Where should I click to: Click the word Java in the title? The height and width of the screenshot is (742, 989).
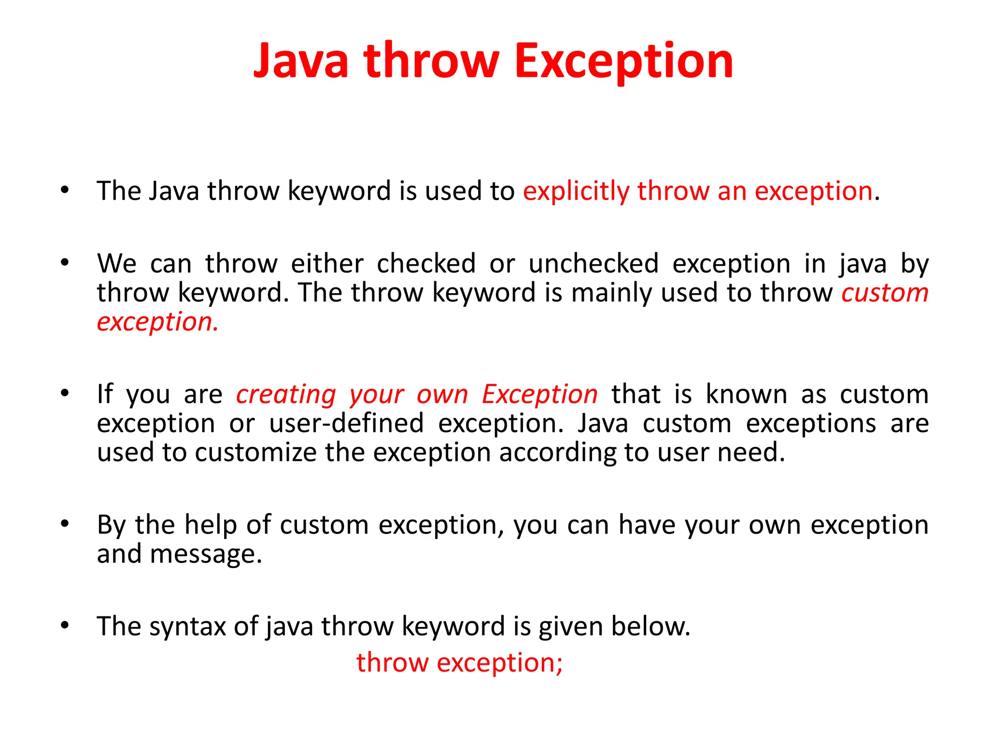coord(300,61)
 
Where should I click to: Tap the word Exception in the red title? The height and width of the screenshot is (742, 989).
coord(624,61)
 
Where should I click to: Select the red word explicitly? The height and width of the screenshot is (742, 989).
coord(576,191)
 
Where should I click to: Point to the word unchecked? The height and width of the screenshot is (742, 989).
coord(593,264)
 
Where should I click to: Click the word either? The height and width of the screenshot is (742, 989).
coord(327,264)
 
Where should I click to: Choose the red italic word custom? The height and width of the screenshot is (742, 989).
coord(885,293)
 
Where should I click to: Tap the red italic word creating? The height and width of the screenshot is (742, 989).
coord(286,395)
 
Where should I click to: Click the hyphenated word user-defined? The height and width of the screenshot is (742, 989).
coord(346,424)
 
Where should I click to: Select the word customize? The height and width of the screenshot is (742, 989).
coord(255,453)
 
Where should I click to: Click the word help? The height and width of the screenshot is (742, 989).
coord(211,525)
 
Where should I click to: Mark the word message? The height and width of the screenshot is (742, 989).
coord(206,554)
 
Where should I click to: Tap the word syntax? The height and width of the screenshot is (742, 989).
coord(187,627)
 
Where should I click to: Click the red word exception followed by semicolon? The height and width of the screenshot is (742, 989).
coord(499,663)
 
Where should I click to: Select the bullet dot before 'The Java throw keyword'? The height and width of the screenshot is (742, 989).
coord(65,190)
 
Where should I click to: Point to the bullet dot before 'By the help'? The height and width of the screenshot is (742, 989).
coord(65,524)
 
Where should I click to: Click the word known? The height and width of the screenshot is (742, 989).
coord(747,395)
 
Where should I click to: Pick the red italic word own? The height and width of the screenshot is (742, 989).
coord(442,395)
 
